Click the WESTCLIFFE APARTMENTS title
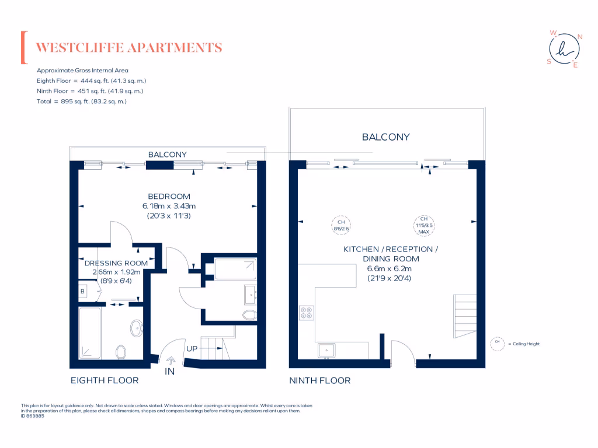click(129, 48)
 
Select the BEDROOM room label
click(169, 197)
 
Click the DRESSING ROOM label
click(116, 263)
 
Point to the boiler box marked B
click(82, 290)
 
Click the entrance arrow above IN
click(171, 360)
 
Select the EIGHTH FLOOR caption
click(105, 380)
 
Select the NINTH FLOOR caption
click(320, 380)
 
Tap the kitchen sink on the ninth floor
click(326, 350)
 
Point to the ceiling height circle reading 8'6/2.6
click(340, 226)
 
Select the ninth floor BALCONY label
click(385, 137)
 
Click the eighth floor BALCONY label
click(167, 155)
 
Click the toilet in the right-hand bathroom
click(249, 315)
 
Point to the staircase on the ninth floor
click(465, 318)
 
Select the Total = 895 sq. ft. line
click(82, 101)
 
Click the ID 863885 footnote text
click(33, 416)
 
